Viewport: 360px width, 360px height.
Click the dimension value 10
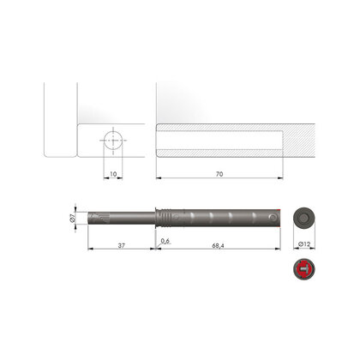pos(113,174)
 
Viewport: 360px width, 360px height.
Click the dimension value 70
pos(219,174)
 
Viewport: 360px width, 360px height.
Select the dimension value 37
pos(122,245)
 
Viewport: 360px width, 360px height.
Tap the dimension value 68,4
pos(218,245)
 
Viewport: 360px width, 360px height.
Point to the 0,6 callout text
pos(165,241)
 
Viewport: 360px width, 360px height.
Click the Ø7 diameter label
pos(72,219)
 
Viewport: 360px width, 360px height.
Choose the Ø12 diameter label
pos(304,244)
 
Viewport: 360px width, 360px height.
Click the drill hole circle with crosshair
pos(113,141)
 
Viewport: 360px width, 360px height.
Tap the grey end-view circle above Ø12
pos(304,219)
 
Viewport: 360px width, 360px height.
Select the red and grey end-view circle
pos(304,269)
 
